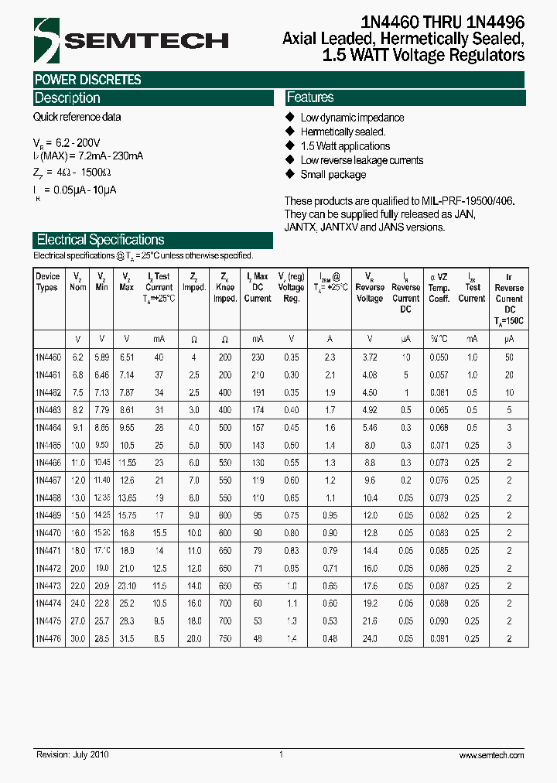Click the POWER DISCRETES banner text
tap(87, 80)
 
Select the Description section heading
tap(67, 98)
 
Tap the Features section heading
tap(310, 97)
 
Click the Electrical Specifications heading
tap(101, 240)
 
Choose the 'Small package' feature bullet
tap(333, 175)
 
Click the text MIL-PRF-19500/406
tap(469, 200)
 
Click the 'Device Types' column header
tap(47, 282)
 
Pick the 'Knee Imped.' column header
tap(224, 287)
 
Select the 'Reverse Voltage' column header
tap(369, 287)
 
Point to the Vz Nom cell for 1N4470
tap(77, 533)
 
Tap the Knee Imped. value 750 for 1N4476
tap(224, 639)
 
